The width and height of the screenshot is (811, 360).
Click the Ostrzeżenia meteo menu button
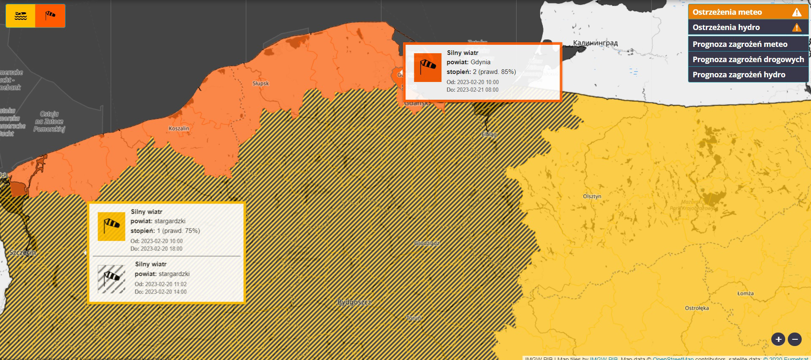tap(748, 12)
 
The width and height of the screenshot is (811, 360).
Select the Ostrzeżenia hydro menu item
tap(748, 27)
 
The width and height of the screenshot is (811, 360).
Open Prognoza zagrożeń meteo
tap(748, 44)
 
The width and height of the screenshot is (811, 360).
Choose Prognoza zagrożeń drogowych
tap(748, 60)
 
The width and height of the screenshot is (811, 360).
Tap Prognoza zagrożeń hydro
tap(748, 75)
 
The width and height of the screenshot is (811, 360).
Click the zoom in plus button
tap(778, 339)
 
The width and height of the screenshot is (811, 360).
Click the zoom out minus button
tap(795, 339)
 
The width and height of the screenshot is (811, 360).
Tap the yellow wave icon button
tap(21, 16)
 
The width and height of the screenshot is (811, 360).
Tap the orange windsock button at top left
tap(50, 16)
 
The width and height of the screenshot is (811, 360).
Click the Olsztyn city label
tap(592, 196)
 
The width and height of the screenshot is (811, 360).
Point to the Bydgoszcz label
tap(354, 302)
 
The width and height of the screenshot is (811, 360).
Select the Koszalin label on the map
tap(179, 128)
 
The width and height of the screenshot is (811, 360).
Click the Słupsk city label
tap(261, 84)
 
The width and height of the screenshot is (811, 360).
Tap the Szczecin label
tap(22, 253)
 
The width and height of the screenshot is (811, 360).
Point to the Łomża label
tap(745, 294)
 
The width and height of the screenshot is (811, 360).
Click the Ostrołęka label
tap(697, 308)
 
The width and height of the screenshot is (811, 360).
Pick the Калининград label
tap(595, 43)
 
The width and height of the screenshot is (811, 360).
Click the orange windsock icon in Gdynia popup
tap(427, 67)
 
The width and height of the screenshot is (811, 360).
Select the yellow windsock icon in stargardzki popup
tap(112, 226)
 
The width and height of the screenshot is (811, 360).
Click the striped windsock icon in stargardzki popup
tap(112, 279)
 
